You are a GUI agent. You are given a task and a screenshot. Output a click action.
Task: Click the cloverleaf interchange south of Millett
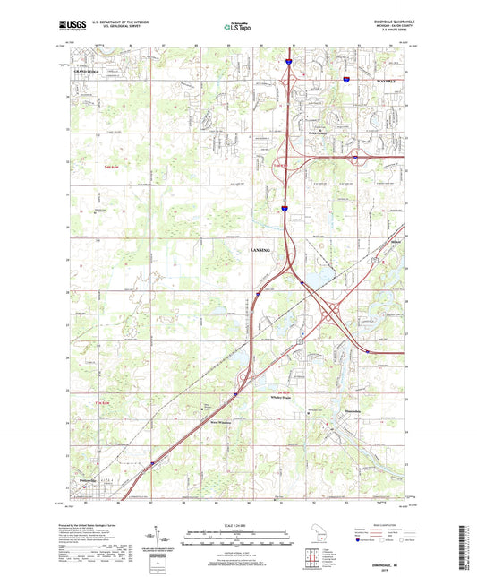(331, 316)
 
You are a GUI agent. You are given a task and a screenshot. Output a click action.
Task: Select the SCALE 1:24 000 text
(237, 524)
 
